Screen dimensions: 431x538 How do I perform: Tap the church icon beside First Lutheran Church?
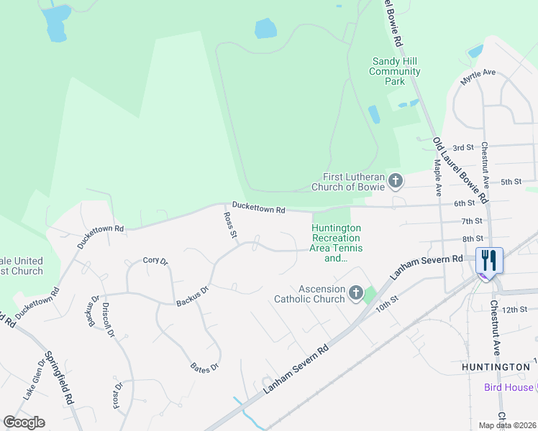[x=395, y=182]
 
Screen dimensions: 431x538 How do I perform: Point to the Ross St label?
[x=230, y=224]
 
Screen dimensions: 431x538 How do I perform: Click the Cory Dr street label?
[x=155, y=261]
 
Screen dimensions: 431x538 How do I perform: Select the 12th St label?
[x=515, y=310]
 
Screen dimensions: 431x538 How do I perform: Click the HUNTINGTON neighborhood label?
[x=496, y=367]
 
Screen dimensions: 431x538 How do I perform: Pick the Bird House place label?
[x=509, y=387]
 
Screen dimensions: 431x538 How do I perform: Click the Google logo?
[x=24, y=422]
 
